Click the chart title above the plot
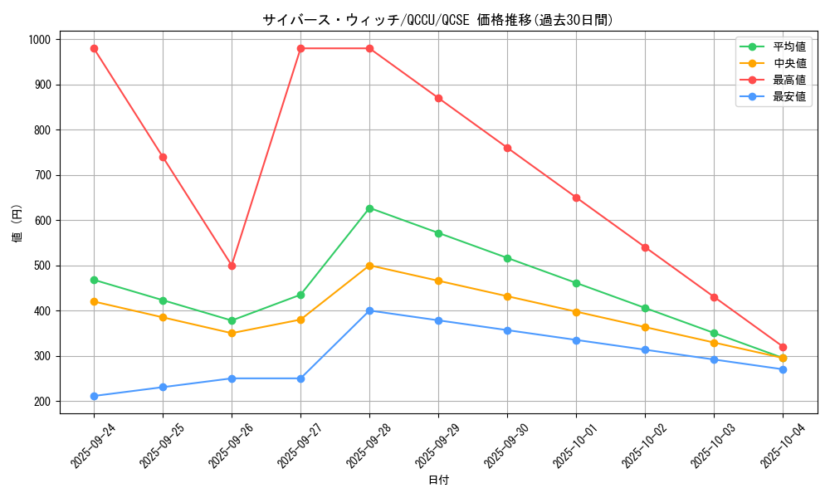point(437,20)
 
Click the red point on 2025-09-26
point(232,266)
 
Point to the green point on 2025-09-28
point(369,208)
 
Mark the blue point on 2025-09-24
point(94,396)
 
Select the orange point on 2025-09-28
point(369,266)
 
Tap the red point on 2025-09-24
point(94,48)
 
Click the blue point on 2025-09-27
point(300,378)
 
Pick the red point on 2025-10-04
point(783,347)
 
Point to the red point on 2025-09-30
point(507,148)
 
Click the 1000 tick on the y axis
point(39,40)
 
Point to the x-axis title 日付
point(438,481)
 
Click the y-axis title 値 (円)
point(17,225)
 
